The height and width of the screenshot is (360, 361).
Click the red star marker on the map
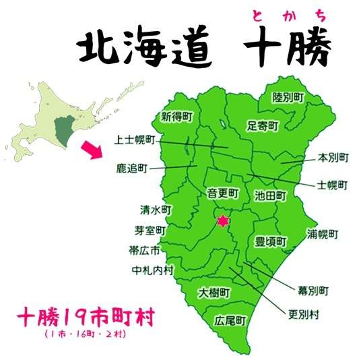click(x=222, y=220)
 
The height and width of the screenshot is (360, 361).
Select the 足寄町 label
click(x=261, y=125)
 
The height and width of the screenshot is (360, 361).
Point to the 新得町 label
click(x=176, y=117)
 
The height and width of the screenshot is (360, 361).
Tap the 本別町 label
click(x=333, y=158)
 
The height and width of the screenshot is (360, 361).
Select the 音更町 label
click(x=222, y=193)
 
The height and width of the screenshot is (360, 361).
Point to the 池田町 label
click(x=271, y=196)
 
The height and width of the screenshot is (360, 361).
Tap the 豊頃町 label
click(x=271, y=241)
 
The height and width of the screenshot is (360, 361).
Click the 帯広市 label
click(x=146, y=250)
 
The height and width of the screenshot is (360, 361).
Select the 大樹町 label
click(x=215, y=293)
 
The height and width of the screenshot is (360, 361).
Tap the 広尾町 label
click(x=228, y=320)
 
